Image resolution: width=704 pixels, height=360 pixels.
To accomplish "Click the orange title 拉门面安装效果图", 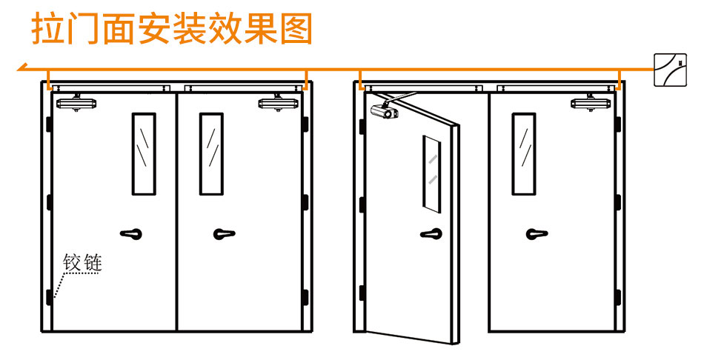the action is point(172,29).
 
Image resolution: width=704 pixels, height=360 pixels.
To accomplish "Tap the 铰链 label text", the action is point(82,263).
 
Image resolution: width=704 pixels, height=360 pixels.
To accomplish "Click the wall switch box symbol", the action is point(670,70).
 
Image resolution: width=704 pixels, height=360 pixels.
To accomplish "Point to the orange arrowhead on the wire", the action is point(22,68).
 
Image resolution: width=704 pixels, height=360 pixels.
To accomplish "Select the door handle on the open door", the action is point(431,233).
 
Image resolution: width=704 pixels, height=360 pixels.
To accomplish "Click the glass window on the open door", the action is point(431,175).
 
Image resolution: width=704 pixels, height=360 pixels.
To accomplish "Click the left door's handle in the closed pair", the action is point(131,233).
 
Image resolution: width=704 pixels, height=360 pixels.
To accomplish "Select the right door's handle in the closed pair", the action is point(224,233).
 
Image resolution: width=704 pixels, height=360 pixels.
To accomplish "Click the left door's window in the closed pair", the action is point(144,154).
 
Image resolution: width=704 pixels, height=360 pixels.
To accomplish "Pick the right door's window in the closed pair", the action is point(211,154).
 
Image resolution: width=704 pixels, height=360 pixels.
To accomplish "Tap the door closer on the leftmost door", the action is point(76,103).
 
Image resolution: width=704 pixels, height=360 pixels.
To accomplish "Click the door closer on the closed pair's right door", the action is point(279,103).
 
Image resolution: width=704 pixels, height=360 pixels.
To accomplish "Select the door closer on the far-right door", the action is point(591,103).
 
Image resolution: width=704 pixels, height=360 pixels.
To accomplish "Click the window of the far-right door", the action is point(523,154).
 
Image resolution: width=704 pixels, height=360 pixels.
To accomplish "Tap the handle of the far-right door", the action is point(537,233).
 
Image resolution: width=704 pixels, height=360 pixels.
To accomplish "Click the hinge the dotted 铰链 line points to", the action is point(49,297).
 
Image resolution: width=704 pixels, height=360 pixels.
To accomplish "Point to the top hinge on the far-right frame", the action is point(618,124).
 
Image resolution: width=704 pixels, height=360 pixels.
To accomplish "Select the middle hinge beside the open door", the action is point(362,204).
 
